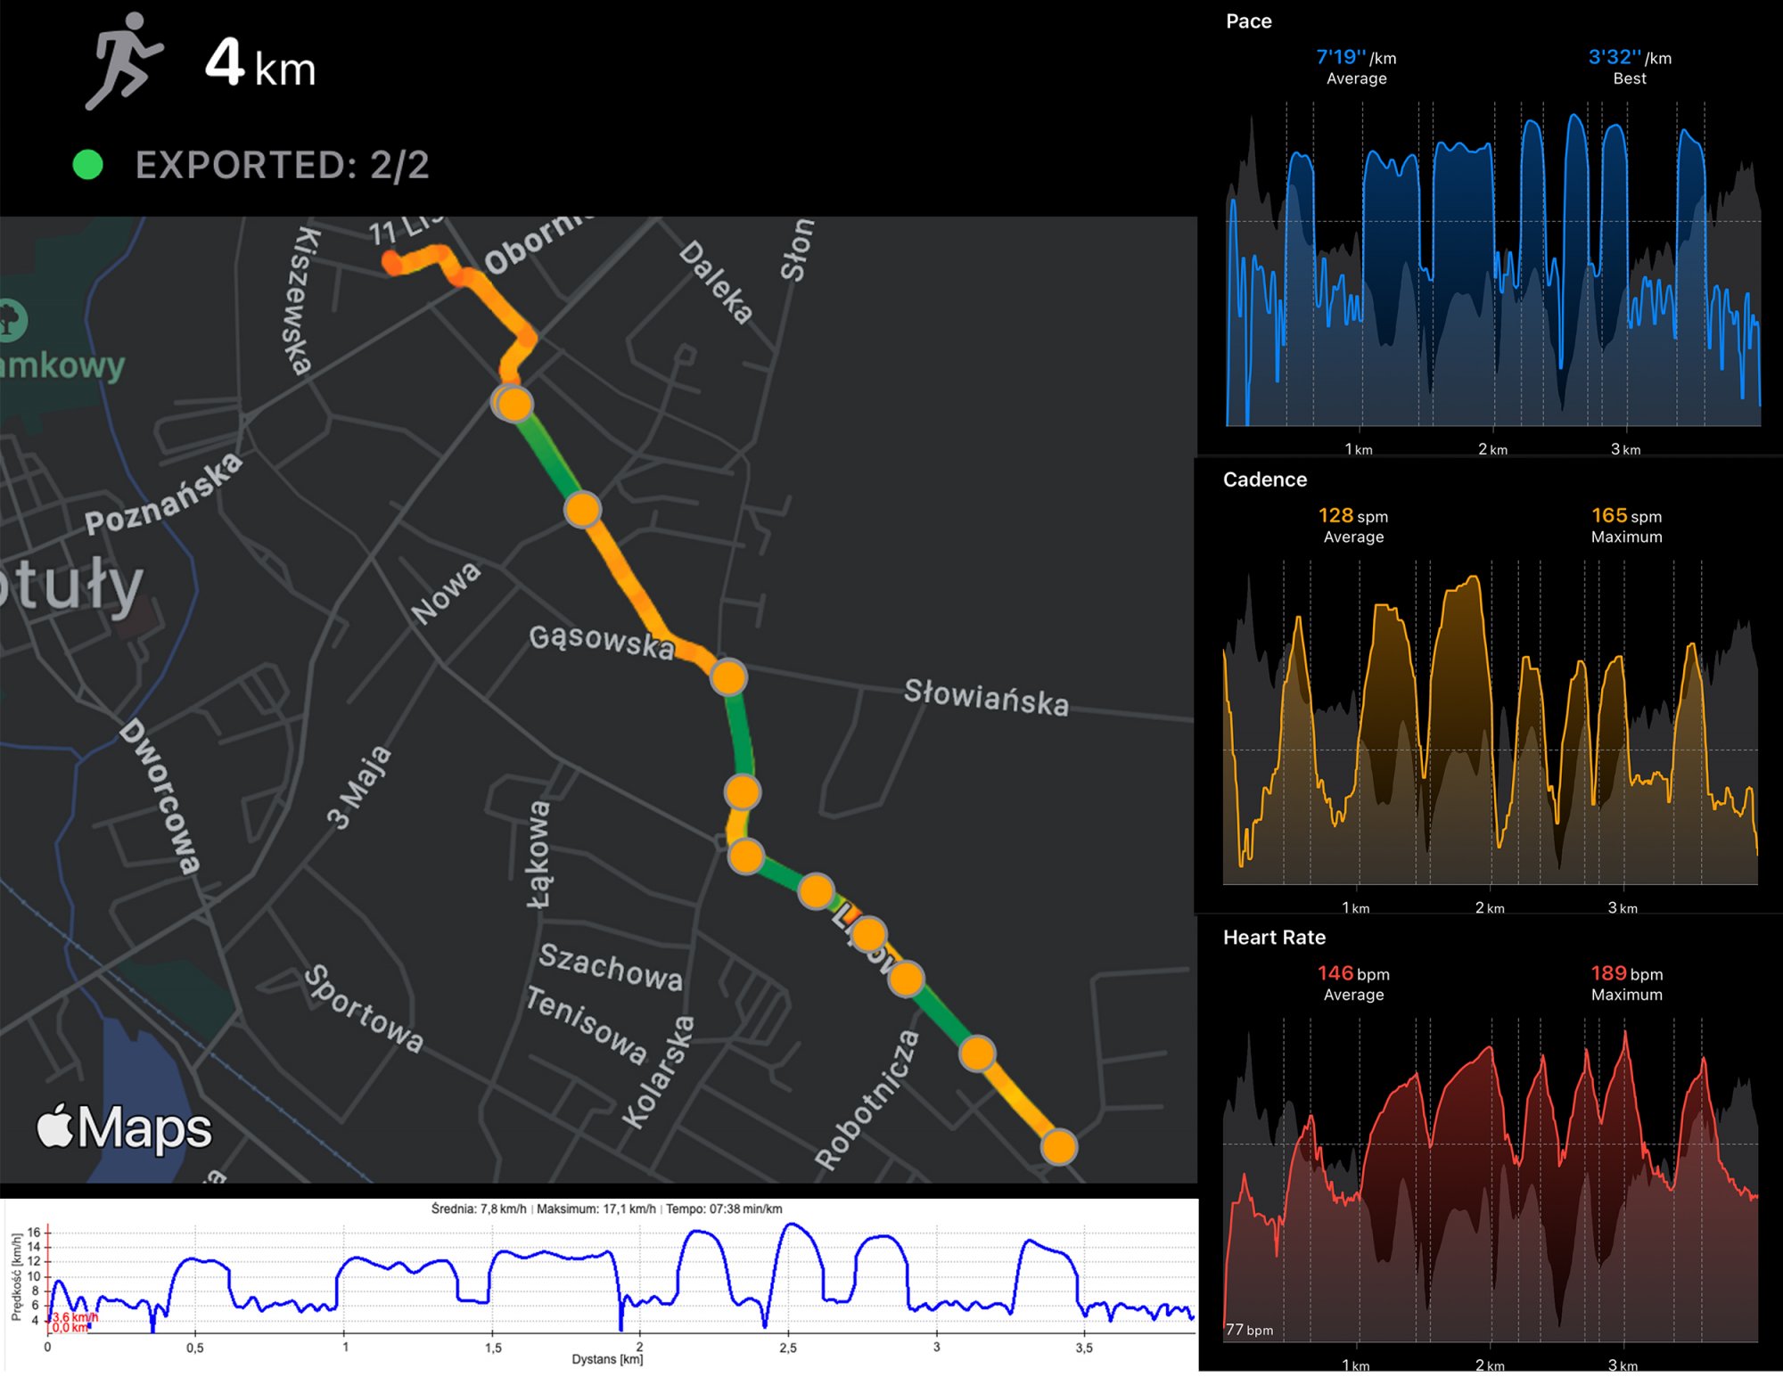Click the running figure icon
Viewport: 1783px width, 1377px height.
coord(124,61)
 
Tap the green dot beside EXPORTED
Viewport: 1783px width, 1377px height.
coord(87,165)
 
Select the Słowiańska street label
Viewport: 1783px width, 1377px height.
coord(986,697)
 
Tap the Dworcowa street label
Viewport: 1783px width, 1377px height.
coord(160,795)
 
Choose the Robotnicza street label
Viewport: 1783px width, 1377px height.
coord(867,1100)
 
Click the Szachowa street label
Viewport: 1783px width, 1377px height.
coord(611,967)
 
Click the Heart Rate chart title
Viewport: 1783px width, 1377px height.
coord(1274,938)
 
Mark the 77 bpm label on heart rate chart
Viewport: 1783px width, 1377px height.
coord(1249,1330)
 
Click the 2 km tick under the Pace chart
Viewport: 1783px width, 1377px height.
coord(1492,449)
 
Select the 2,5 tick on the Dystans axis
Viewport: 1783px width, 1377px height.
coord(788,1348)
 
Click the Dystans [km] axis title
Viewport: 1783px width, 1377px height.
coord(607,1359)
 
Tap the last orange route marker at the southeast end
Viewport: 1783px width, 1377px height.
coord(1058,1147)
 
